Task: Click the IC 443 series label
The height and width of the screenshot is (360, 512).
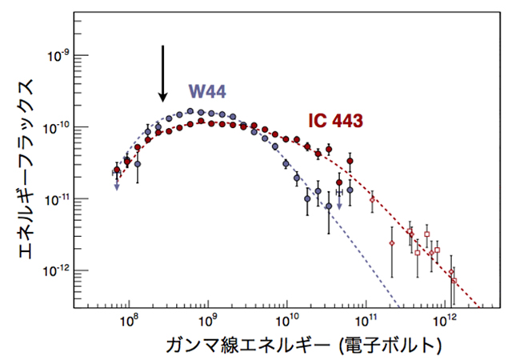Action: pyautogui.click(x=336, y=121)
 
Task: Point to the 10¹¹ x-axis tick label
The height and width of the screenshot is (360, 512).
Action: pyautogui.click(x=366, y=322)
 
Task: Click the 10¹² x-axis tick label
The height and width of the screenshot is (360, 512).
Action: pyautogui.click(x=446, y=322)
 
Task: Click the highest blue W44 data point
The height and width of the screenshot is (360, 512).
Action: pyautogui.click(x=190, y=112)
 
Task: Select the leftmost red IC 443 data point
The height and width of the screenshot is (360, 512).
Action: pyautogui.click(x=118, y=170)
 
